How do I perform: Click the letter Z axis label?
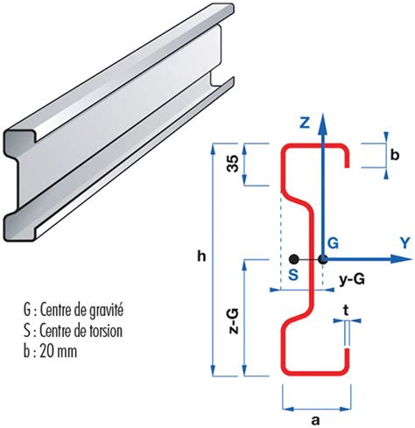coord(305,123)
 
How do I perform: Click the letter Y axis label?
coord(404,241)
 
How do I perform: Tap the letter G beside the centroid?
coord(332,242)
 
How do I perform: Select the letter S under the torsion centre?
coord(292,274)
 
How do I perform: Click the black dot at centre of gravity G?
coord(322,259)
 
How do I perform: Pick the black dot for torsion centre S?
coord(293,259)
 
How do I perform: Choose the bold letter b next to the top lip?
coord(394,155)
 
